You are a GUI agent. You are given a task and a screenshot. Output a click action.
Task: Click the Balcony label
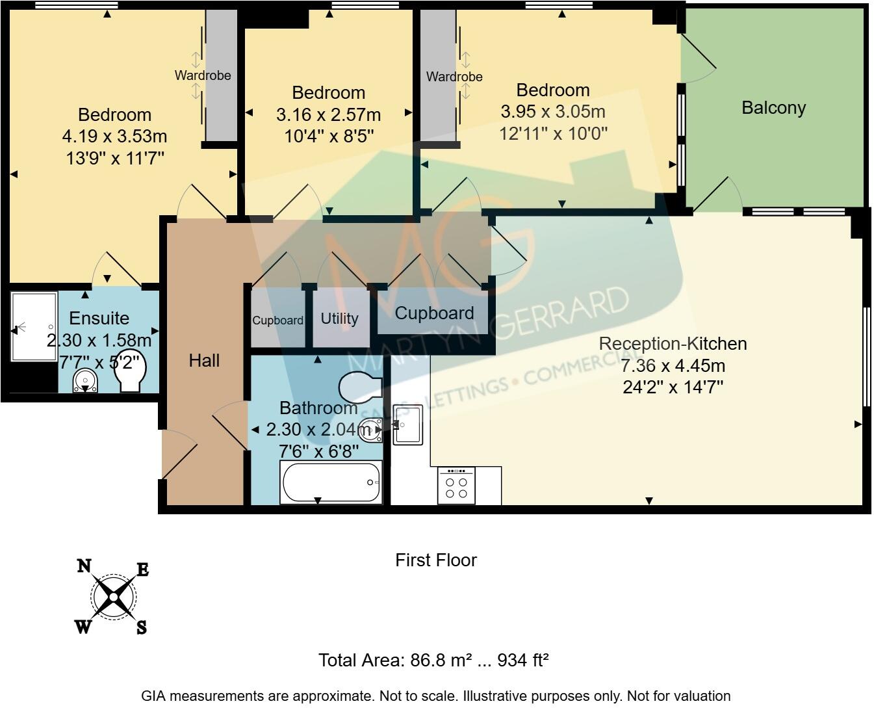click(773, 108)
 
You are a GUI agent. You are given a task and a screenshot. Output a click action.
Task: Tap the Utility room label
click(339, 319)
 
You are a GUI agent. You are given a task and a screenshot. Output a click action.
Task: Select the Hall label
click(204, 360)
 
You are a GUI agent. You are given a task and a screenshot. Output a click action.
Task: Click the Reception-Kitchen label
click(673, 343)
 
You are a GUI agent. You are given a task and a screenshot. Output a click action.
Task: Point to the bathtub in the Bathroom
click(331, 482)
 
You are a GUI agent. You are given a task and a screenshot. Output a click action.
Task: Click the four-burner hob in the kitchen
click(456, 486)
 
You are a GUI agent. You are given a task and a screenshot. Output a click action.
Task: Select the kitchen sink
click(407, 425)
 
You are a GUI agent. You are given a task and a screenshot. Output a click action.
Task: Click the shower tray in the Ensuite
click(34, 326)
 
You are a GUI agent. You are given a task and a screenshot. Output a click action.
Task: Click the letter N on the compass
click(84, 566)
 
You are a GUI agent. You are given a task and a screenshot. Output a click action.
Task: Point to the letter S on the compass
click(141, 628)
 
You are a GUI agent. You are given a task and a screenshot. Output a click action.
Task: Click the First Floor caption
click(436, 560)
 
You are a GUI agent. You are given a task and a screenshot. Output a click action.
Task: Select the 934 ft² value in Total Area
click(523, 661)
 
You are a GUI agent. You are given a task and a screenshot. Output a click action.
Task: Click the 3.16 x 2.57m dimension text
click(328, 115)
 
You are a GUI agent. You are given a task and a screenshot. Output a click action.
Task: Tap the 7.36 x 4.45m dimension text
click(673, 365)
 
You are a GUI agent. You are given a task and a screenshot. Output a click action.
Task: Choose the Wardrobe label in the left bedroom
click(203, 75)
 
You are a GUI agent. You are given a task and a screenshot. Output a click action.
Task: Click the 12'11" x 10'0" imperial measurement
click(553, 134)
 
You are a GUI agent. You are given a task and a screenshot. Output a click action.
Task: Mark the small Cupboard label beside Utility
click(277, 321)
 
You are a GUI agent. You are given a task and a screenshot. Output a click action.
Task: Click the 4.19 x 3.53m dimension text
click(114, 137)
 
